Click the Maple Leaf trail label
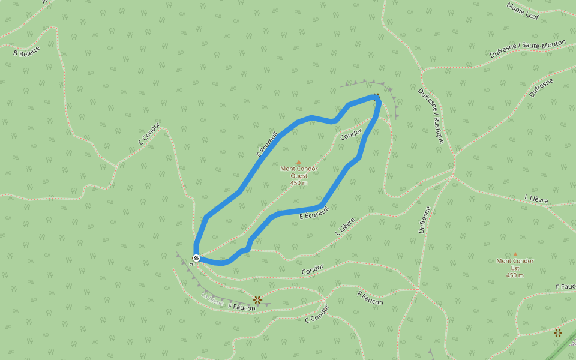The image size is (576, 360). (523, 11)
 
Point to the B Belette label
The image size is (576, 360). (26, 52)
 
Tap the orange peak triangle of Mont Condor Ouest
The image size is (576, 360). (299, 162)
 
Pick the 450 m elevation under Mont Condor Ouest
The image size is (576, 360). (299, 183)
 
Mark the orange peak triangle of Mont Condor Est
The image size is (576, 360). (515, 254)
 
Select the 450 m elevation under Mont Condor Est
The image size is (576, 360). (515, 275)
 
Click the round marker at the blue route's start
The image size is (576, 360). (196, 258)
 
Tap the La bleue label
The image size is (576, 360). (212, 298)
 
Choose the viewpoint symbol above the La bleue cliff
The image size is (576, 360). (257, 299)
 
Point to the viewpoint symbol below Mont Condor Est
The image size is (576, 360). (558, 332)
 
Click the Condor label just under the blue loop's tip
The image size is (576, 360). (351, 135)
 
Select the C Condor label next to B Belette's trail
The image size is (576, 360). (149, 134)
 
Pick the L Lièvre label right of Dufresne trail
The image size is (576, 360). (536, 199)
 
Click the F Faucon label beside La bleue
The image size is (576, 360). (241, 307)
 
